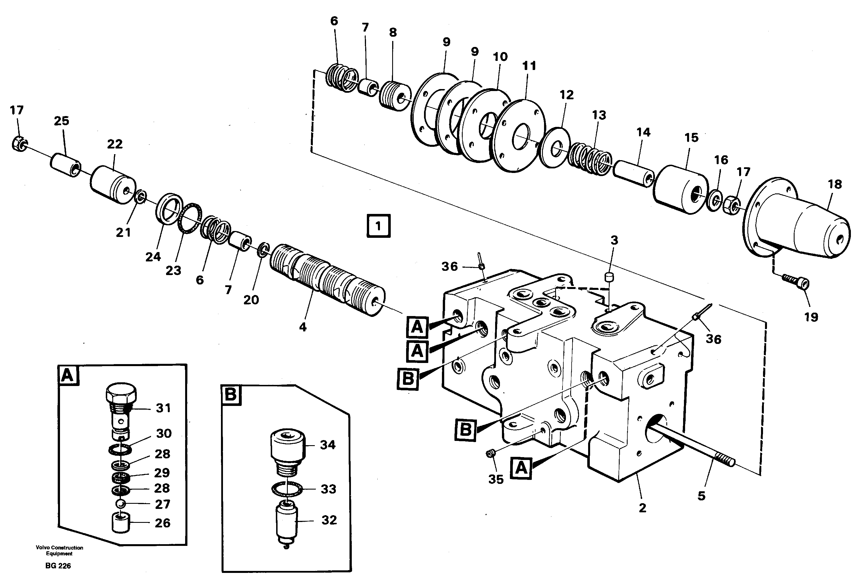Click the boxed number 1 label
coord(378,226)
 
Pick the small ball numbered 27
coord(121,504)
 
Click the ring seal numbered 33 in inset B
coord(287,490)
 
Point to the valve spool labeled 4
coord(327,285)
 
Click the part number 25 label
coord(61,121)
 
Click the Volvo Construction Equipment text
coord(59,550)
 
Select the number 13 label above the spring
coord(599,115)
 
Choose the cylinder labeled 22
coord(112,184)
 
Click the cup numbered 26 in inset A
coord(121,523)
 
